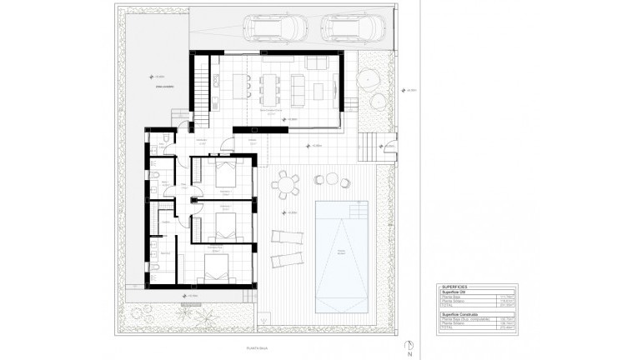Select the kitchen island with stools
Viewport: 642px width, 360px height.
[x=246, y=84]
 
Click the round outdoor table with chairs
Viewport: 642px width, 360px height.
[x=287, y=182]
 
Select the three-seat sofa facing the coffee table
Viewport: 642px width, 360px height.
[x=318, y=64]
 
